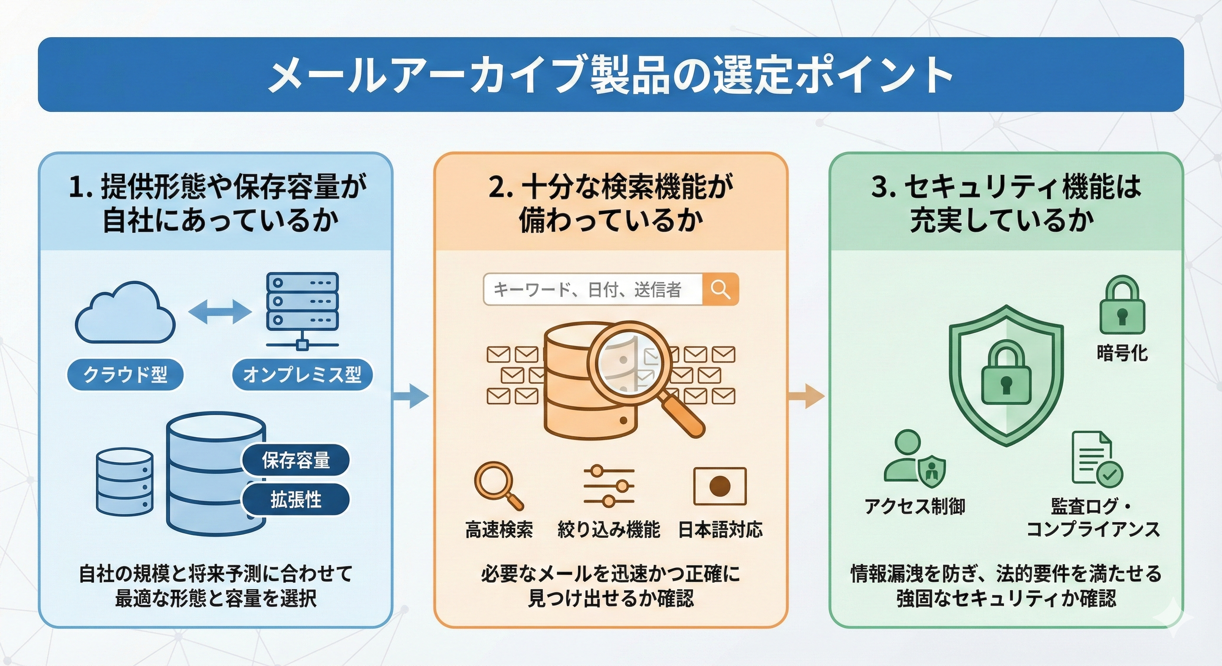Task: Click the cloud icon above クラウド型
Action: click(125, 313)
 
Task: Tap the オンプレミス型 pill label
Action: click(302, 375)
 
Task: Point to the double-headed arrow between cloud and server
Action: click(220, 312)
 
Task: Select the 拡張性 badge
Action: click(296, 499)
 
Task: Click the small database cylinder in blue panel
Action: click(125, 481)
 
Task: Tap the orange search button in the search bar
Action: click(720, 289)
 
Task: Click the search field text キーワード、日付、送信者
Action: click(587, 290)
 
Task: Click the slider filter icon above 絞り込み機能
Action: click(609, 486)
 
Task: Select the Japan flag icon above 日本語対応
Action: click(719, 486)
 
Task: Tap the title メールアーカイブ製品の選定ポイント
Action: click(611, 75)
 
